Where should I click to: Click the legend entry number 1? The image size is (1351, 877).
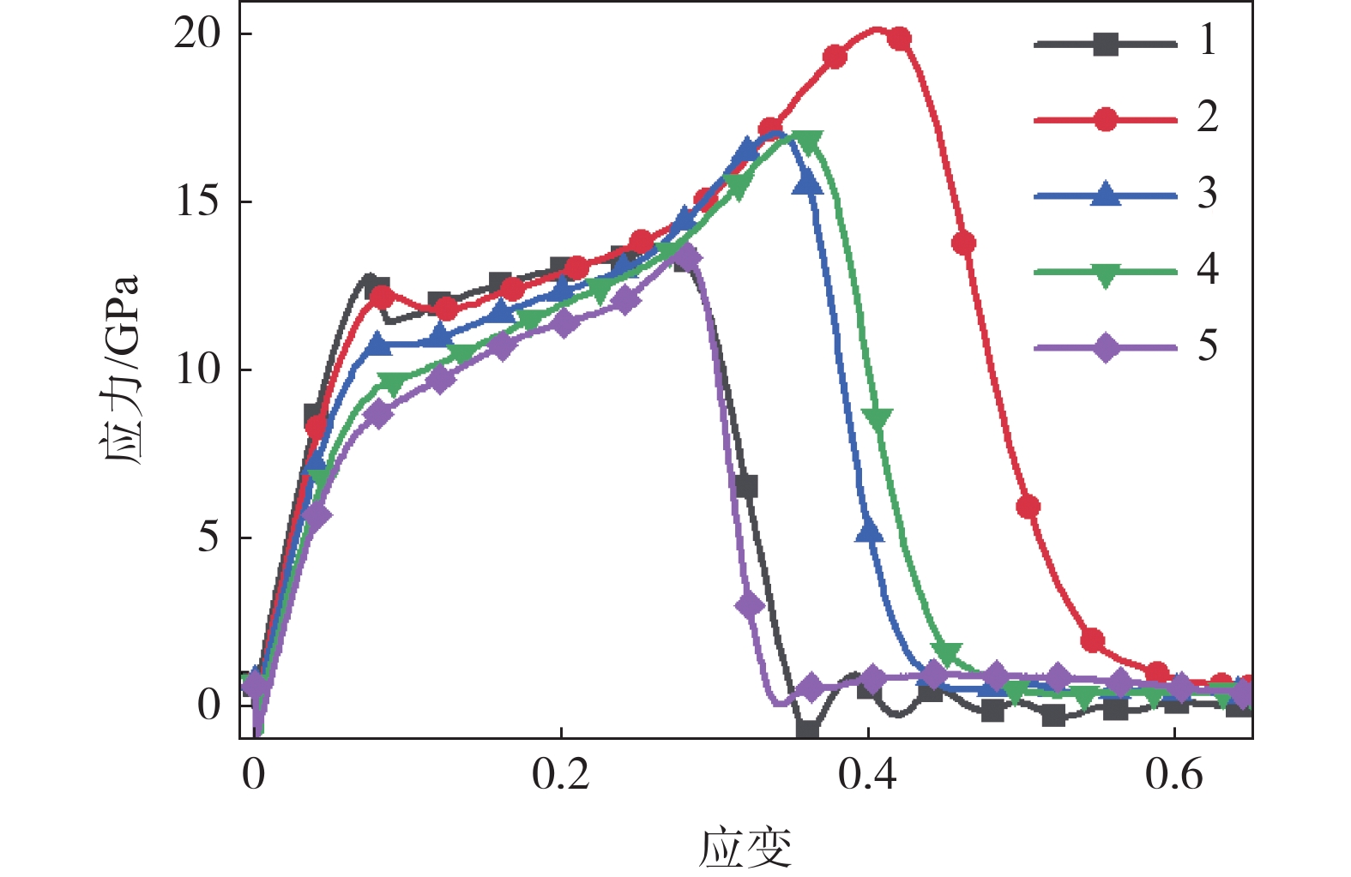[1207, 41]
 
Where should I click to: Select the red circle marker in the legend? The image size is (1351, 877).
[1106, 120]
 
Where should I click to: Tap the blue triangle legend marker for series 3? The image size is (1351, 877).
[1106, 195]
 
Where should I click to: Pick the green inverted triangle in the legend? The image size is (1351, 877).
[1106, 274]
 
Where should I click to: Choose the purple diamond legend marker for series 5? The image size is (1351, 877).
[1106, 348]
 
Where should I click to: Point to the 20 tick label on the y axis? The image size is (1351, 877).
[197, 34]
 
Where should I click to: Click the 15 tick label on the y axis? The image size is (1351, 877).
[197, 202]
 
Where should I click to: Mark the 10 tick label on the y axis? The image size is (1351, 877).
[197, 370]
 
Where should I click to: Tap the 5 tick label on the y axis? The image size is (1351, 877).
[208, 538]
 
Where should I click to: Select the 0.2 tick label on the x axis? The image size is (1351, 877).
[560, 775]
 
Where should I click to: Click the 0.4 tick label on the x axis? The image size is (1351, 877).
[867, 775]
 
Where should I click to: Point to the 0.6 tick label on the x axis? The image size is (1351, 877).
[1173, 775]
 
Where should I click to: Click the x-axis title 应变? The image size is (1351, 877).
[745, 847]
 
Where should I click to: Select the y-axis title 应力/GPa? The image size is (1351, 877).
[121, 370]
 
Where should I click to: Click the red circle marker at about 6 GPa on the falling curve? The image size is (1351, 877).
[1028, 507]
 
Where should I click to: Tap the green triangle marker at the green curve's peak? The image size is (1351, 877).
[809, 141]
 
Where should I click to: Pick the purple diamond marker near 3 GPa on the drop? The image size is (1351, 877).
[749, 606]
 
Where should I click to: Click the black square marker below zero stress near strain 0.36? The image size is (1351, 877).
[807, 731]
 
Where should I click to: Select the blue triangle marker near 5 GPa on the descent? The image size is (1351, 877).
[869, 532]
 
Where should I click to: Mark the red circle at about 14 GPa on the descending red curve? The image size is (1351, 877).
[963, 243]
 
